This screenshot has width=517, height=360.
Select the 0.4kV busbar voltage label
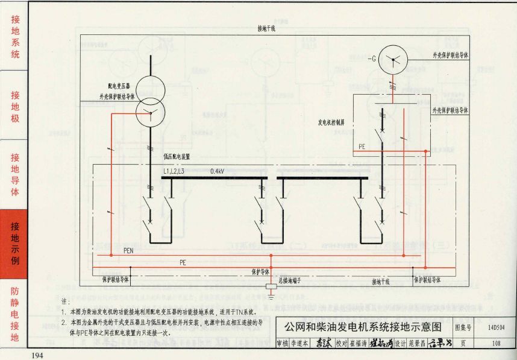(218, 171)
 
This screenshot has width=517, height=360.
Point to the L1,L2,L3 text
(174, 171)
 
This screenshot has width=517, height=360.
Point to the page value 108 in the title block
(496, 344)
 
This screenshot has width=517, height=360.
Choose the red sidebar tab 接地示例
(15, 244)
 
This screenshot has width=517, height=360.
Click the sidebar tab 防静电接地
(15, 313)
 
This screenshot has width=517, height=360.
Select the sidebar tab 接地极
(15, 106)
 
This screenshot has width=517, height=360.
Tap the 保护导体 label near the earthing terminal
(260, 272)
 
